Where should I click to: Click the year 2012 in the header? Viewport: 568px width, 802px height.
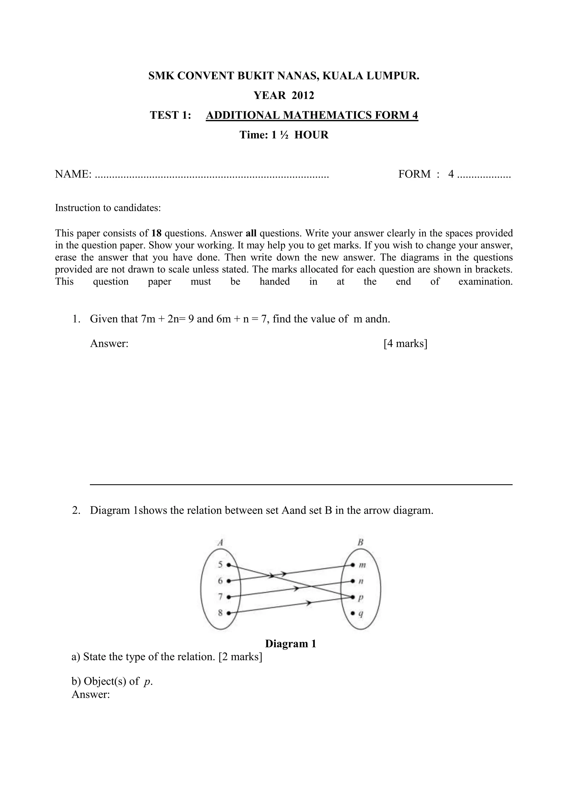tap(303, 95)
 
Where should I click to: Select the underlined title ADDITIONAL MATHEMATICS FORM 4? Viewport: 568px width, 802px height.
tap(312, 115)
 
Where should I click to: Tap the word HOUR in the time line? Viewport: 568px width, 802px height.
tap(311, 135)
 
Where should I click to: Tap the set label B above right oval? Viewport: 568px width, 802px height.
tap(360, 542)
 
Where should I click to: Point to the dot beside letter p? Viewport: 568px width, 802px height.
tap(353, 597)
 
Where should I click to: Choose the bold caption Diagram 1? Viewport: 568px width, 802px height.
tap(291, 644)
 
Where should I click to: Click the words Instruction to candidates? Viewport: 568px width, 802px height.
tap(108, 208)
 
